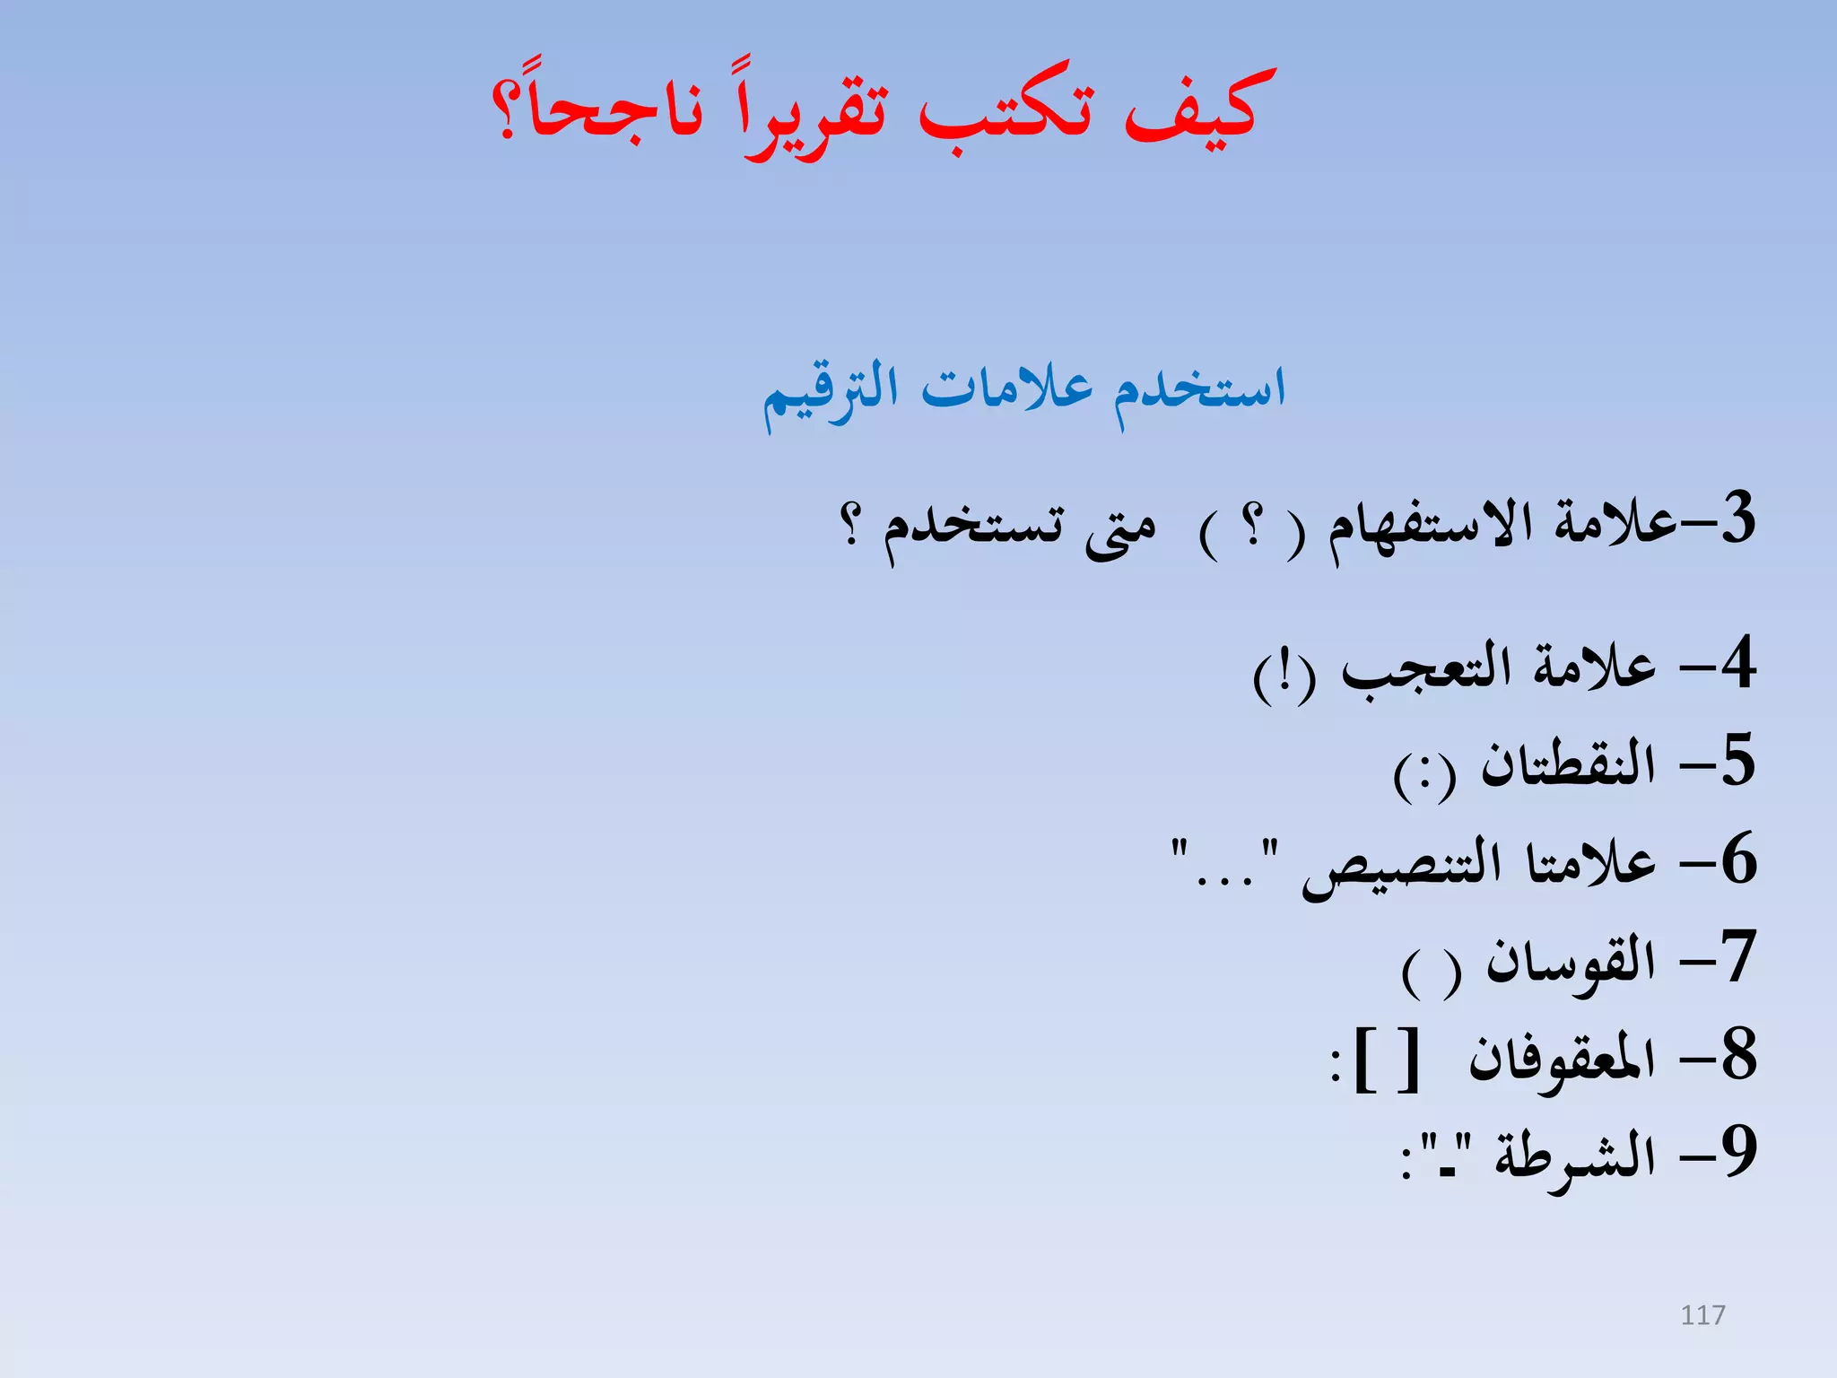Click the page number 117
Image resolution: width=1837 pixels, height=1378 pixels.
click(1702, 1315)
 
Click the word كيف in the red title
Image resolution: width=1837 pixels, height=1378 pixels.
click(1199, 112)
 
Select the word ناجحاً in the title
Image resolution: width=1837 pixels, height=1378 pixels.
click(610, 112)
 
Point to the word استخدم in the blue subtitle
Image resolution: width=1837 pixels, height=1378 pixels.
click(1200, 392)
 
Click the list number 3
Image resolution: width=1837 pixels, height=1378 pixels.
click(1737, 518)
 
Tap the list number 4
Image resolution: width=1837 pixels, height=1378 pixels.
click(1737, 663)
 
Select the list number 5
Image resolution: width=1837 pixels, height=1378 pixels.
click(1737, 761)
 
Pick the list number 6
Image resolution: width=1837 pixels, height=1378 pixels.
click(1738, 859)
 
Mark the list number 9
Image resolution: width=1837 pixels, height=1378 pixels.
click(1738, 1152)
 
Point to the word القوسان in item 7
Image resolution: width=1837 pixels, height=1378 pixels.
click(1571, 963)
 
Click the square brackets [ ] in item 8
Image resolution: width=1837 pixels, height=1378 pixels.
click(1386, 1060)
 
